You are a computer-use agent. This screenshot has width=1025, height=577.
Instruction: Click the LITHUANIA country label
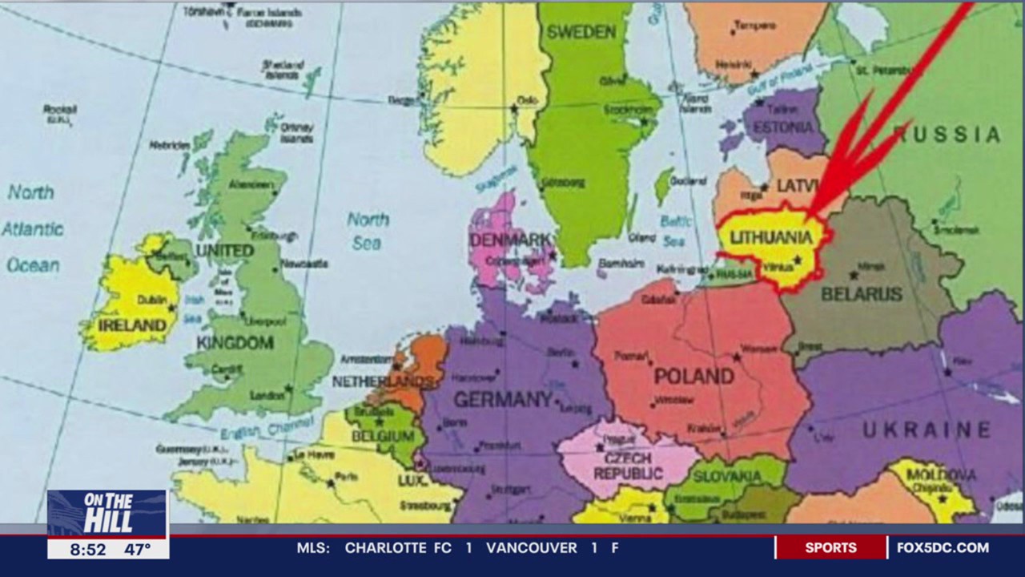tap(771, 238)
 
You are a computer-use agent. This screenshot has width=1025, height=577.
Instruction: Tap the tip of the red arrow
tap(809, 216)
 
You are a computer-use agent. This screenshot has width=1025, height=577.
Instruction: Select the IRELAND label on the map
tap(131, 326)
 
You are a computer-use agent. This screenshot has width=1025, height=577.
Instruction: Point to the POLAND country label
tap(693, 376)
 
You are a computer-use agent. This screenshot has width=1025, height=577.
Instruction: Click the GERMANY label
tap(503, 399)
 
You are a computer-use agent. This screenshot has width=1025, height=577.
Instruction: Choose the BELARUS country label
tap(862, 294)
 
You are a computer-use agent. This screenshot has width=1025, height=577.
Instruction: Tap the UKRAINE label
tap(927, 430)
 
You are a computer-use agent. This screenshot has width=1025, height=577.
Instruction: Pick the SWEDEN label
tap(581, 32)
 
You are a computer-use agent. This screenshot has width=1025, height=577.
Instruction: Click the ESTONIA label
tap(782, 127)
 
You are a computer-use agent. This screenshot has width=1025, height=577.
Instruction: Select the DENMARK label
tap(510, 240)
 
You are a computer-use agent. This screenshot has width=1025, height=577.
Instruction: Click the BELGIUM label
tap(383, 437)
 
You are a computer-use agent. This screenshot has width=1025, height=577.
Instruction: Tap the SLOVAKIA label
tap(727, 477)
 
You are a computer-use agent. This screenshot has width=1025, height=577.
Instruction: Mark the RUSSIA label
tap(947, 135)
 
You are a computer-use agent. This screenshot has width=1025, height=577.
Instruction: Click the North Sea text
tap(368, 230)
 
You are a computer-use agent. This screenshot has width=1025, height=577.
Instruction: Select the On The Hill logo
tap(107, 513)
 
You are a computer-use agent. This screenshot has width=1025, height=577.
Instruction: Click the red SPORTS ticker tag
tap(830, 548)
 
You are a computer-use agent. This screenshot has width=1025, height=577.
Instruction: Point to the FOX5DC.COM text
tap(943, 548)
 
